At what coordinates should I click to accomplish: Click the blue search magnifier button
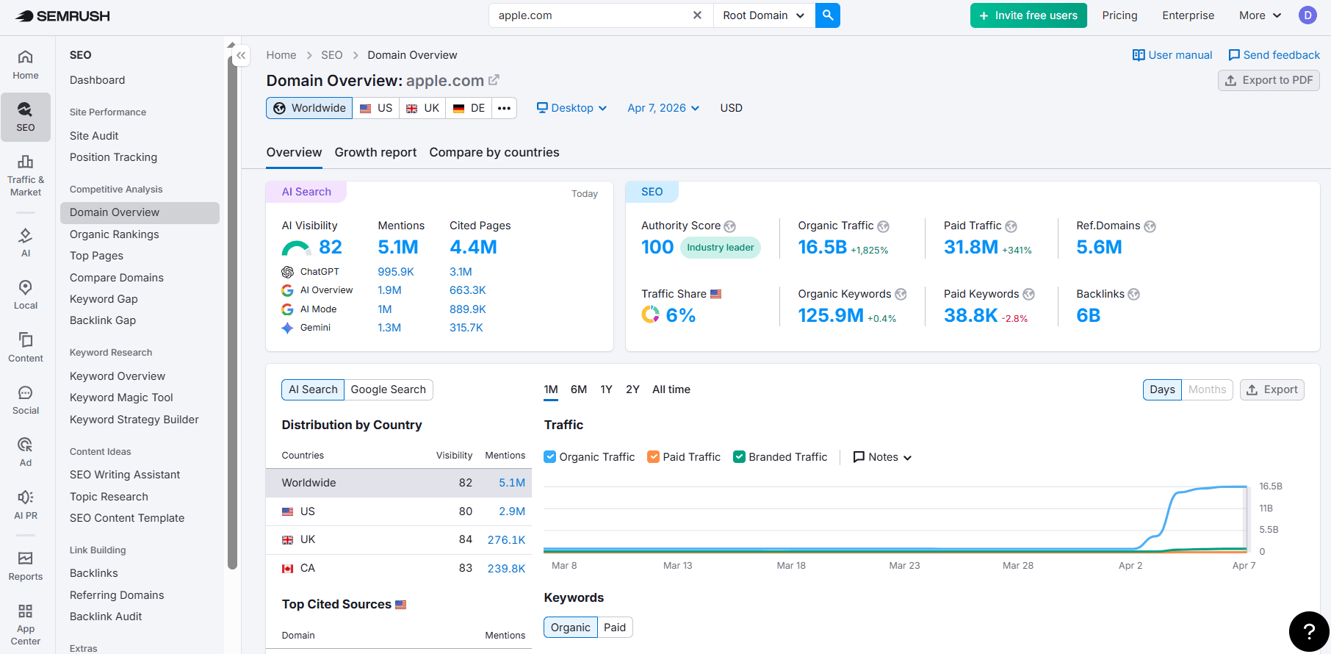828,15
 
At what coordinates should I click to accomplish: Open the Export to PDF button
1269,80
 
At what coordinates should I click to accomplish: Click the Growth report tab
375,152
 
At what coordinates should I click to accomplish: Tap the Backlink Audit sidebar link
106,617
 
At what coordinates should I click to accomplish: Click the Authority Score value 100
657,248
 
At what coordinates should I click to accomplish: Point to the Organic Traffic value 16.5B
822,248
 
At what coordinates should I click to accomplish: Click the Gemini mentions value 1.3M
389,328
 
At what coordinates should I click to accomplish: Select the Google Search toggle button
388,389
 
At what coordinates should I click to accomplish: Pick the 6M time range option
578,389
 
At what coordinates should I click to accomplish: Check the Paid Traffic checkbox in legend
653,457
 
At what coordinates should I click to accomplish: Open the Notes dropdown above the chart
882,457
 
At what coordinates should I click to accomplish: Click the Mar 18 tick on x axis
791,566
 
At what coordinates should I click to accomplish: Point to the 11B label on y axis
1266,509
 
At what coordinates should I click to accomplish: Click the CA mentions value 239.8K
506,568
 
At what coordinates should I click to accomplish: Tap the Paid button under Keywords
615,628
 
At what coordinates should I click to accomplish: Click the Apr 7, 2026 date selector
663,108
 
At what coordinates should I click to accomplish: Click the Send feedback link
1274,55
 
